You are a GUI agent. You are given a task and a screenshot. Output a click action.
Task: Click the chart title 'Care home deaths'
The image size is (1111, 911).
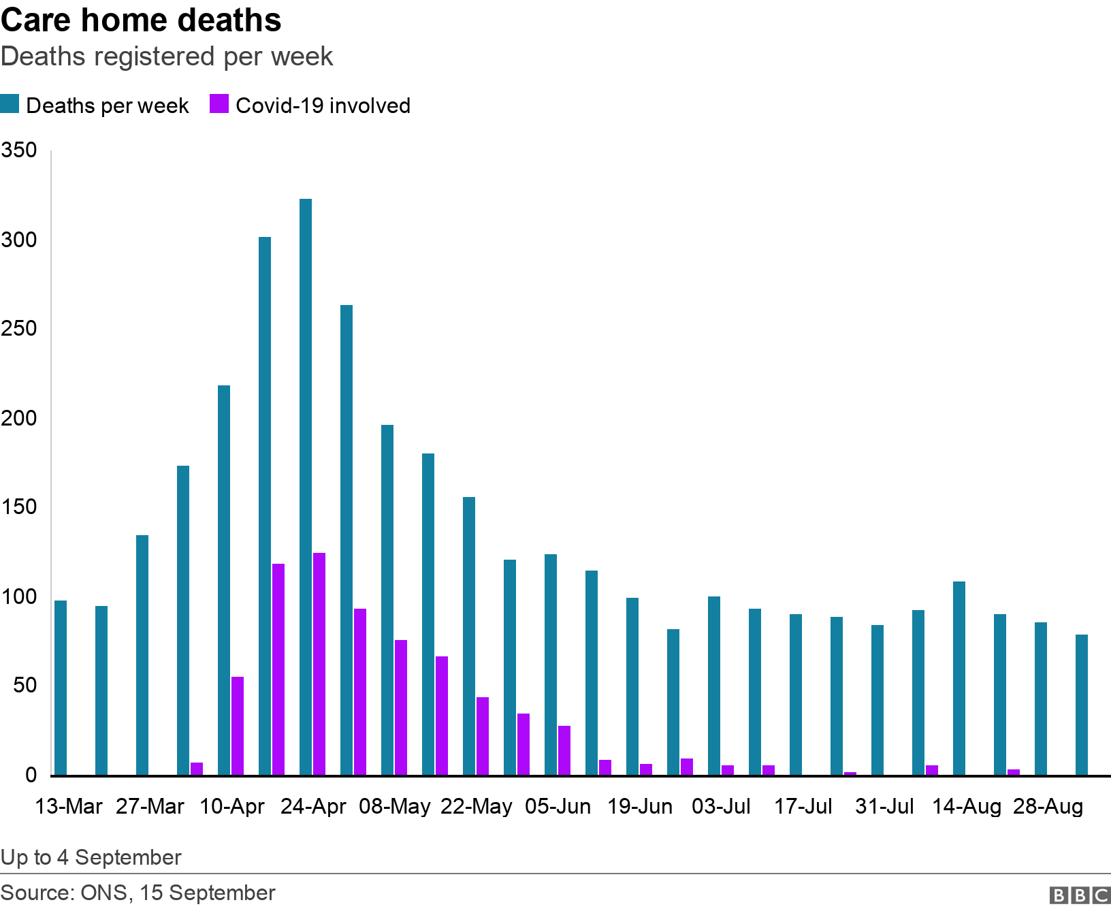click(x=141, y=20)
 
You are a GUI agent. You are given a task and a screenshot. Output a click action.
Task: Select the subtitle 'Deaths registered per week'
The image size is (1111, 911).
click(x=167, y=57)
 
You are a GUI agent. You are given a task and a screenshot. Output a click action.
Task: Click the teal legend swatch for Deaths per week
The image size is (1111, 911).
click(x=10, y=105)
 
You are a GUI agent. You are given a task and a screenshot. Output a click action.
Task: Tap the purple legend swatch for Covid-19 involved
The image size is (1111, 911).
click(x=219, y=105)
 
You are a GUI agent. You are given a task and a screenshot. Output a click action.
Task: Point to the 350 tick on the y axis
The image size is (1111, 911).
click(x=19, y=150)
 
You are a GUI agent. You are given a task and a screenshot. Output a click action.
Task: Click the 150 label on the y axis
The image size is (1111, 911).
click(x=19, y=508)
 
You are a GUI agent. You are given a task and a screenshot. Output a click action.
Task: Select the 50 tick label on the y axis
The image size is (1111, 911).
click(x=25, y=686)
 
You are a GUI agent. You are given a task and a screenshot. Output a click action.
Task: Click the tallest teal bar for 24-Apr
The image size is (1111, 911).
click(x=306, y=487)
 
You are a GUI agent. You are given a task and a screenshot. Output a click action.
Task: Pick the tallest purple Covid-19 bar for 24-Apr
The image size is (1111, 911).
click(x=319, y=664)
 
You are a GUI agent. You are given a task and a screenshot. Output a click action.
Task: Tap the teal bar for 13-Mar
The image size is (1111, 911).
click(x=61, y=688)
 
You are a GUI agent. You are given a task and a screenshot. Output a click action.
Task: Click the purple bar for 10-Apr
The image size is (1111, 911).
click(x=238, y=726)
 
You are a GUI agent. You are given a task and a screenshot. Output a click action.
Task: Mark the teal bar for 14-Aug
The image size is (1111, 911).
click(x=959, y=678)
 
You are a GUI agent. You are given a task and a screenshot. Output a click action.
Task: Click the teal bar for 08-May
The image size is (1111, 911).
click(x=387, y=600)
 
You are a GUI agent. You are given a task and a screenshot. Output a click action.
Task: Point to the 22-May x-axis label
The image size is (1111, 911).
click(x=477, y=807)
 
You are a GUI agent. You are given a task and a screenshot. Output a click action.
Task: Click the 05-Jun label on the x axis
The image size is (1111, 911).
click(x=558, y=807)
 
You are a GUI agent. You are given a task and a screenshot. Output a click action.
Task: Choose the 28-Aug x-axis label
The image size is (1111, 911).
click(x=1048, y=807)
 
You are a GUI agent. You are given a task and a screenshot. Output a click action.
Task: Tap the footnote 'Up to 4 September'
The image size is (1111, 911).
click(x=91, y=857)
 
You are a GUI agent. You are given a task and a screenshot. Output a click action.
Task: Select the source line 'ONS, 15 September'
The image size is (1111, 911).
click(x=177, y=893)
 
